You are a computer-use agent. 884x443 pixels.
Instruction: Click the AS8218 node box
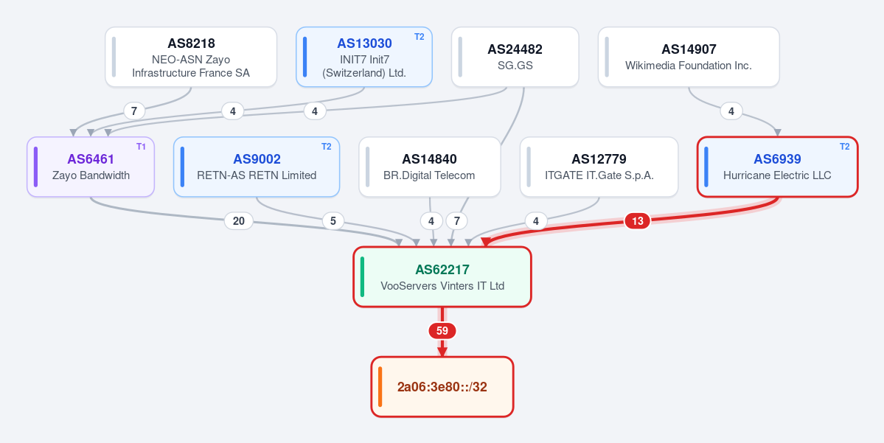[x=190, y=57]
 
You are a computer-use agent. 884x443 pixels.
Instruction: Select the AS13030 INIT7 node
[x=363, y=57]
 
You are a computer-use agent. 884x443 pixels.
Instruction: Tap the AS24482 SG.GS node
[x=515, y=57]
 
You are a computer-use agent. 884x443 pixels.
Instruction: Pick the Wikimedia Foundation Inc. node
[x=689, y=57]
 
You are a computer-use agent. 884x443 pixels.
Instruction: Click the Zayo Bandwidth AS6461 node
[x=90, y=167]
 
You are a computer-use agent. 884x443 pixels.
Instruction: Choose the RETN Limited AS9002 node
[x=257, y=167]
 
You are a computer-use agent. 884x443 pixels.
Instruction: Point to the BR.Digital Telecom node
[x=430, y=167]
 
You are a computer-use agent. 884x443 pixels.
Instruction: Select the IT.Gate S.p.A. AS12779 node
[x=599, y=167]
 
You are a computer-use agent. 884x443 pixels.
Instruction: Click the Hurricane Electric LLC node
[x=777, y=167]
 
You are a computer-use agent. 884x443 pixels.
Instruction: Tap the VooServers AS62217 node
[x=442, y=276]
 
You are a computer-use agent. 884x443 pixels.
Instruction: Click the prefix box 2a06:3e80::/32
[x=442, y=387]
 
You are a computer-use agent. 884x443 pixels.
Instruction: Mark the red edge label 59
[x=442, y=331]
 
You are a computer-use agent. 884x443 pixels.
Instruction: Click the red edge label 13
[x=638, y=221]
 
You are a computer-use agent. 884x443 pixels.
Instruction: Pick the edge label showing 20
[x=238, y=221]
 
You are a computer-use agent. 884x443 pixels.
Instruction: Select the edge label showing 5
[x=333, y=221]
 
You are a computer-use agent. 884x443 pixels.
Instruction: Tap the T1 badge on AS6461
[x=141, y=147]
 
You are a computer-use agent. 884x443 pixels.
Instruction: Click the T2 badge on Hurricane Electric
[x=844, y=147]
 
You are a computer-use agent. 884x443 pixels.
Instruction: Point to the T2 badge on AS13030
[x=419, y=37]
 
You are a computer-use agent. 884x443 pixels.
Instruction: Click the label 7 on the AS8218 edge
[x=133, y=111]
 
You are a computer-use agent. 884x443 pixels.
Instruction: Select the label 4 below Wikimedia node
[x=731, y=111]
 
